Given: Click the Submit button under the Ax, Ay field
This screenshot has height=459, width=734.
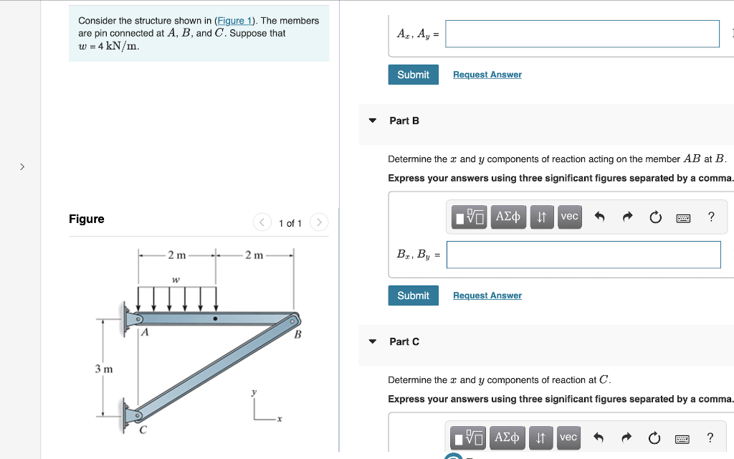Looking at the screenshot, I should tap(413, 75).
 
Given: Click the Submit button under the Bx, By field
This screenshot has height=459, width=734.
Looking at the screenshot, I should tap(413, 295).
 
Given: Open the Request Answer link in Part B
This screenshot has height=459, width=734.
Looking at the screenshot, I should tap(487, 295).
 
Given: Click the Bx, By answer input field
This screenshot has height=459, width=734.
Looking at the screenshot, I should tap(583, 255).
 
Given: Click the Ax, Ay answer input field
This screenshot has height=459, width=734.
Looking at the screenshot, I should tap(581, 34).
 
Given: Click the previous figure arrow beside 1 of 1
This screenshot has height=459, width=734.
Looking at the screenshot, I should tap(262, 223).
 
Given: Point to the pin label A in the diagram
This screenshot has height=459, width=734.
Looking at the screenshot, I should tap(145, 333).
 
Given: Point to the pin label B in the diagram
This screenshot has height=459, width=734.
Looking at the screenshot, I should tap(298, 335).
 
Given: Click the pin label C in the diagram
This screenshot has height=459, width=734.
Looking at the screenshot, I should tap(143, 430).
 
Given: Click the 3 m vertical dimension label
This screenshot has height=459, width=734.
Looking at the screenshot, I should tap(104, 369).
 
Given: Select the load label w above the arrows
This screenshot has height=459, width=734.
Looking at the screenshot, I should tap(176, 279).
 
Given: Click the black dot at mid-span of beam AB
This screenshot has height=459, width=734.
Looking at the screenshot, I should tap(215, 318).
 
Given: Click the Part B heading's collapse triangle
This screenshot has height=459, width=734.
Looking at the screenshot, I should tap(372, 120).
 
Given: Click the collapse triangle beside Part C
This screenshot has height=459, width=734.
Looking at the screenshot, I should tap(372, 341).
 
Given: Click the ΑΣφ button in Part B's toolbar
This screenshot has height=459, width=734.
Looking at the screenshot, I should tap(507, 217).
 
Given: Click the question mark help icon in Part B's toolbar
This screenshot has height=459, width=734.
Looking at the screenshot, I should tap(710, 217).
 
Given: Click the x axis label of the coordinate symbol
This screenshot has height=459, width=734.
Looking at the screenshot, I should tap(280, 419).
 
